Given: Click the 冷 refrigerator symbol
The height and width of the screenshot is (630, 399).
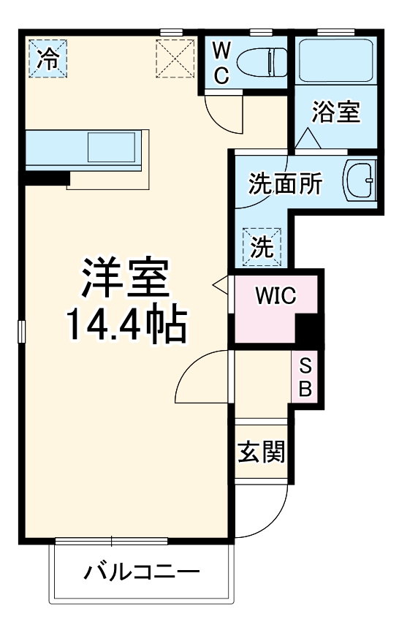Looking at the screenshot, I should [x=47, y=58].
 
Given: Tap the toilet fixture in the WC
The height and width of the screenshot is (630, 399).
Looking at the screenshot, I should [x=264, y=62].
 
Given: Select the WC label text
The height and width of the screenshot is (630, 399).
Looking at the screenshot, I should [x=223, y=63].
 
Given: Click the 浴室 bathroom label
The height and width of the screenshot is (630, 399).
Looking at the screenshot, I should [x=335, y=113].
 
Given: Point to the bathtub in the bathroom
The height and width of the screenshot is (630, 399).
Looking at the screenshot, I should [x=337, y=60].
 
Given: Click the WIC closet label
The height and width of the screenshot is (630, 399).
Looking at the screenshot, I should [x=275, y=296].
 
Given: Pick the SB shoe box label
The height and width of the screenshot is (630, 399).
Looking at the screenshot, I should [x=305, y=376].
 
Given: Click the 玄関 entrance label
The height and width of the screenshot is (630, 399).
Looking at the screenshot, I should [x=261, y=453].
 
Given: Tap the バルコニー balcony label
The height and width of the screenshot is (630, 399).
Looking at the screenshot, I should [x=141, y=571].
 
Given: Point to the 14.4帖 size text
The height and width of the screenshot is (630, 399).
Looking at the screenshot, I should [x=126, y=326].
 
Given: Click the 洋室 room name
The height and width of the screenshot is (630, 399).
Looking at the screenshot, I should [x=125, y=278].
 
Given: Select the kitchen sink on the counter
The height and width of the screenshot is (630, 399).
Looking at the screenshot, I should [x=111, y=147].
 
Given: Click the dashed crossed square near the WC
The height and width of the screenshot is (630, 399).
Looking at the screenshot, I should [x=175, y=58].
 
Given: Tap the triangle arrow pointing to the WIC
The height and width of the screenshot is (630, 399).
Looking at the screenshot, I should [x=220, y=283].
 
